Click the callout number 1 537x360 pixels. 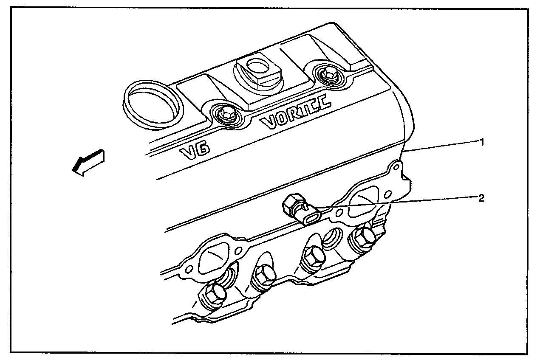[x=481, y=143]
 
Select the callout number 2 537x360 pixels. [x=481, y=198]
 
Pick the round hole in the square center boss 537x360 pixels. [x=256, y=67]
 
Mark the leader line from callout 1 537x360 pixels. [x=442, y=147]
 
